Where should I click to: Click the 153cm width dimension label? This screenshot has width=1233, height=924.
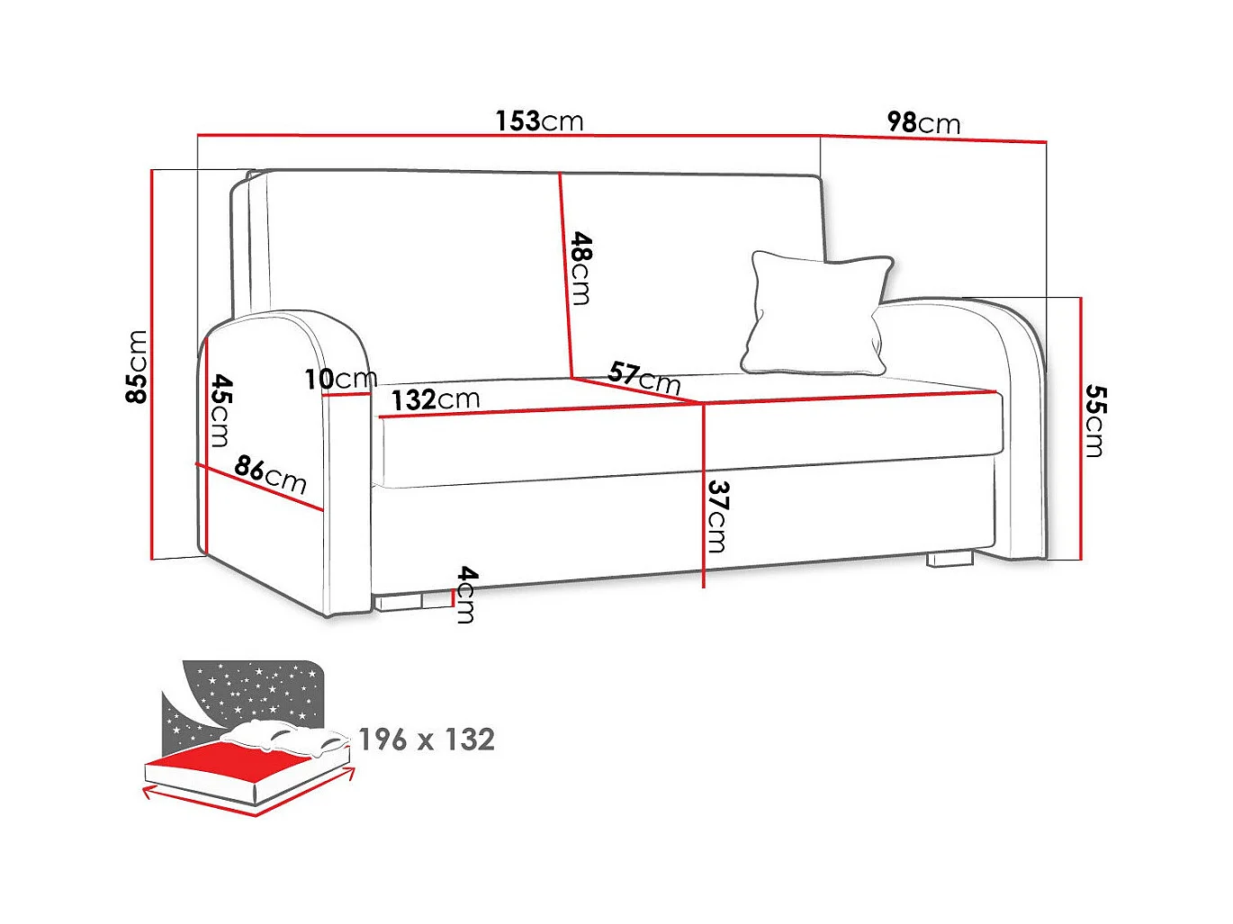(539, 121)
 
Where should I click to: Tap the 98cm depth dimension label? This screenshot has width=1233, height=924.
(923, 122)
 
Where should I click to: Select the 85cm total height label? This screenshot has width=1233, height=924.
(137, 366)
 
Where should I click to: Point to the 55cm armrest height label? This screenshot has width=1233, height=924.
(1094, 420)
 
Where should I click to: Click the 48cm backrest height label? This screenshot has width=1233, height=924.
(581, 268)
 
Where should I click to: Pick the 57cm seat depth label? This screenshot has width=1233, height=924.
(644, 376)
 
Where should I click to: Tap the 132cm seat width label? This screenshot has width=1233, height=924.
(436, 399)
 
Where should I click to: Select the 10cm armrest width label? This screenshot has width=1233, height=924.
(340, 379)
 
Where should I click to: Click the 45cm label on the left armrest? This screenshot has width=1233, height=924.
(220, 410)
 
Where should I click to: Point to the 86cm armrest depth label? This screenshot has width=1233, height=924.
(270, 474)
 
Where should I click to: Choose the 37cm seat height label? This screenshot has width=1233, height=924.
(717, 516)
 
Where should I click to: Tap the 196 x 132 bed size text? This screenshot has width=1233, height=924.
(427, 740)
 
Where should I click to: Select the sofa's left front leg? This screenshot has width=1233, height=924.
(400, 601)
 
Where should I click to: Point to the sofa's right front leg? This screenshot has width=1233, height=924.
(950, 559)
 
